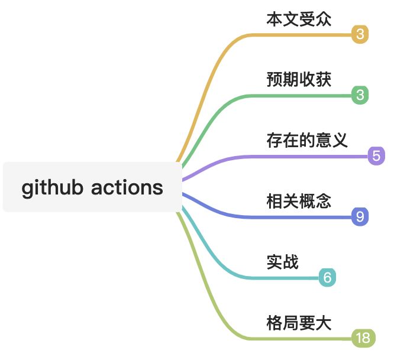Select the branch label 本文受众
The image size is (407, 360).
click(x=299, y=19)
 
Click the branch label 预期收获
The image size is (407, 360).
click(x=299, y=79)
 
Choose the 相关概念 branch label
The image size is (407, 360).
click(x=299, y=201)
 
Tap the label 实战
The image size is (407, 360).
click(x=282, y=262)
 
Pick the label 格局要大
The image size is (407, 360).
click(x=299, y=323)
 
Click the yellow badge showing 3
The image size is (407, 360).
click(x=360, y=35)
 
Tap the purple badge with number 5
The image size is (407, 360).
click(x=376, y=156)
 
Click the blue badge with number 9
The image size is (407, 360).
click(x=360, y=217)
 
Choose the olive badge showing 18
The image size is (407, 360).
click(x=362, y=338)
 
